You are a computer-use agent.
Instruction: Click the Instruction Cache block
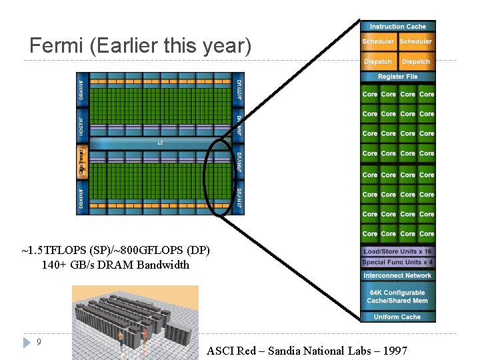coord(397,27)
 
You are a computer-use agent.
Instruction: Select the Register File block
coord(397,77)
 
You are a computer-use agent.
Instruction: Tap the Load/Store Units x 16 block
coord(397,251)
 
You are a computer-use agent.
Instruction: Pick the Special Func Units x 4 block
coord(397,262)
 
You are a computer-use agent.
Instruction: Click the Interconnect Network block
coord(397,275)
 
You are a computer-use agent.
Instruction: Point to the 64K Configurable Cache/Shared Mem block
coord(397,297)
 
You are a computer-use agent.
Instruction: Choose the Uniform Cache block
coord(397,317)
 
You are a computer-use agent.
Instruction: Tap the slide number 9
coord(39,342)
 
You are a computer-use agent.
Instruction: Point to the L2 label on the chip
coord(160,143)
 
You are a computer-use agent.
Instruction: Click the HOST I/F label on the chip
coord(82,123)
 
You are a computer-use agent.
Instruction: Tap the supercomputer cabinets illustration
coord(135,323)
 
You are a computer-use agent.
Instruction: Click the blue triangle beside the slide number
coord(27,343)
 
